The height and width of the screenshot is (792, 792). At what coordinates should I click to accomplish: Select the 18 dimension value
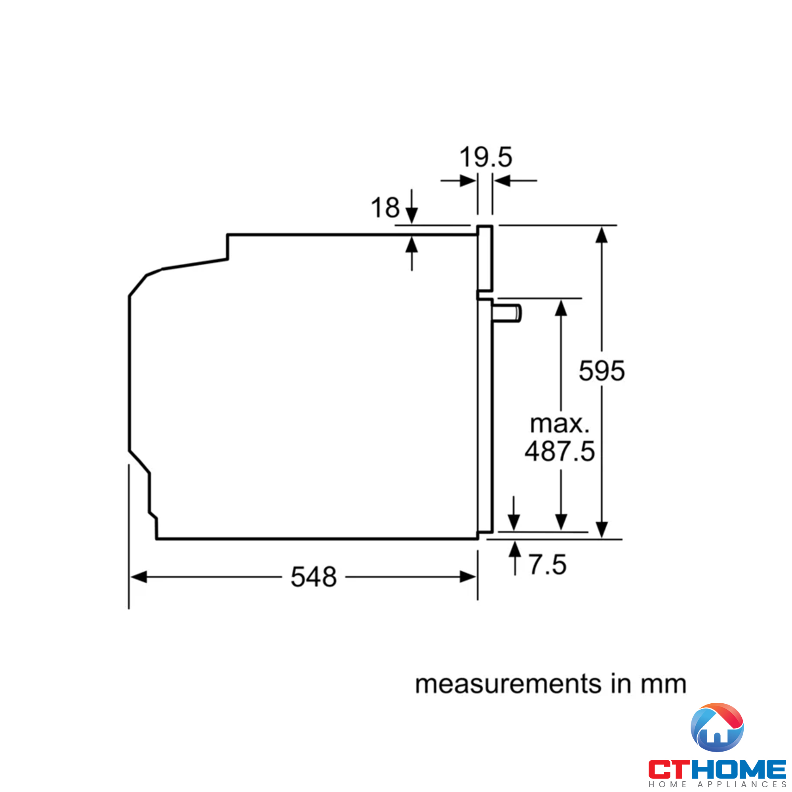(x=385, y=208)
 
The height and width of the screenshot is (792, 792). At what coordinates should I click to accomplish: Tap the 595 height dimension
(x=602, y=371)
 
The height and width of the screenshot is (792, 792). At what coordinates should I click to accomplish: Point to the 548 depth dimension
(x=314, y=577)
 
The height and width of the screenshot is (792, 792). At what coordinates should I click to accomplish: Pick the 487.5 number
(x=560, y=451)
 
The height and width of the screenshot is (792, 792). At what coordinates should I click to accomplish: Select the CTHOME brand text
(x=717, y=769)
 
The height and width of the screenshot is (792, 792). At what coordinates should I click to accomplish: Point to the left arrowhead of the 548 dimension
(x=139, y=577)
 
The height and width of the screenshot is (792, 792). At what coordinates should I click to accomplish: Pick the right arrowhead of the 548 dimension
(x=468, y=577)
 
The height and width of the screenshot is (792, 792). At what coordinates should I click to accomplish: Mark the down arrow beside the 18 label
(x=411, y=215)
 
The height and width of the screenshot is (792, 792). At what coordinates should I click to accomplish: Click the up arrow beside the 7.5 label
(x=515, y=549)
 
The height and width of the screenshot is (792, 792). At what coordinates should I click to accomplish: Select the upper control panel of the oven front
(x=485, y=258)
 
